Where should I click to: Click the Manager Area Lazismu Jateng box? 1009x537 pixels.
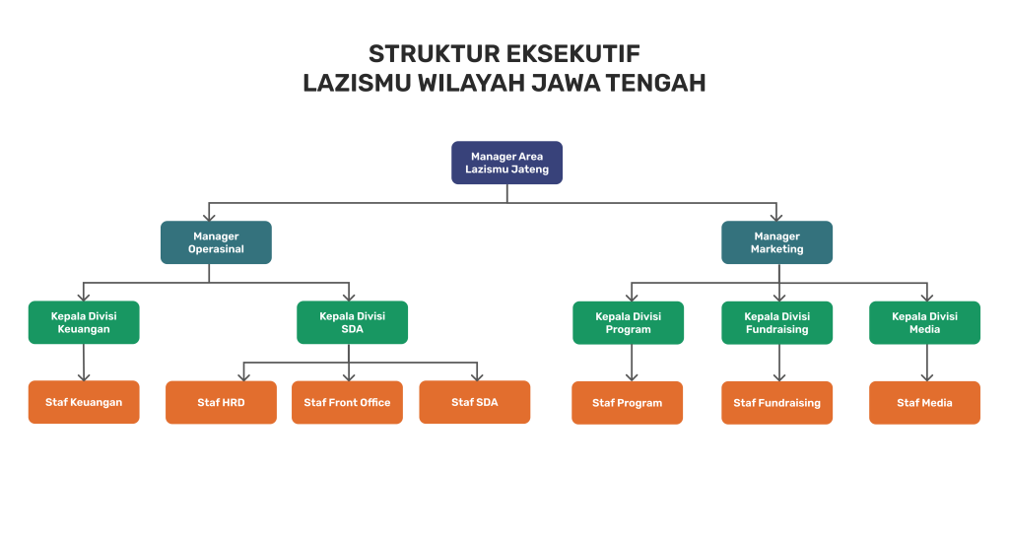pyautogui.click(x=506, y=163)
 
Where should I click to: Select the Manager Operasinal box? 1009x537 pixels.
pyautogui.click(x=216, y=242)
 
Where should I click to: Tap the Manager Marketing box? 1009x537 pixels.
pyautogui.click(x=776, y=242)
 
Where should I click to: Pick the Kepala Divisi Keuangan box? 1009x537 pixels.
pyautogui.click(x=84, y=322)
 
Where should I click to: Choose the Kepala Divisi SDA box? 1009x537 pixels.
pyautogui.click(x=352, y=322)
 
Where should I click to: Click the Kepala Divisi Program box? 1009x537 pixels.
pyautogui.click(x=628, y=322)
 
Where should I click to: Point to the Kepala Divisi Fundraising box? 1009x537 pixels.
pyautogui.click(x=776, y=322)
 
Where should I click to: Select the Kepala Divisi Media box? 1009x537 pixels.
pyautogui.click(x=924, y=322)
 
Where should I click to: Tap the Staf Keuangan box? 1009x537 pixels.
pyautogui.click(x=84, y=402)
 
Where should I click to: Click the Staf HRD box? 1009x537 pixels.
pyautogui.click(x=221, y=402)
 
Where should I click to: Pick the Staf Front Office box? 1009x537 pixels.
pyautogui.click(x=347, y=402)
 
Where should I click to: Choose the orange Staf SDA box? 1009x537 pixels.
pyautogui.click(x=474, y=402)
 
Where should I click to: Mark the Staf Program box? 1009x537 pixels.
pyautogui.click(x=628, y=402)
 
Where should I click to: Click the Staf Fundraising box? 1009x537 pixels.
pyautogui.click(x=776, y=402)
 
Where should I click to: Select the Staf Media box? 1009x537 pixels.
pyautogui.click(x=924, y=402)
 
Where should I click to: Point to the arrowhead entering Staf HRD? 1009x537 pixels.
pyautogui.click(x=243, y=375)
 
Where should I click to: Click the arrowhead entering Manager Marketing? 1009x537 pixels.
pyautogui.click(x=776, y=216)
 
